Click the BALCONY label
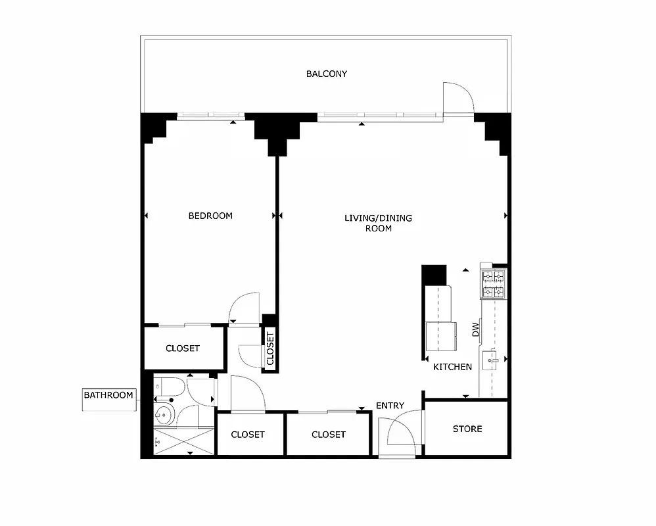coord(326,74)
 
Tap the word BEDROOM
coord(210,216)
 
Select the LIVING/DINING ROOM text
coord(378,223)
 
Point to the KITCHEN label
coord(452,367)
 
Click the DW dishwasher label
coord(476,329)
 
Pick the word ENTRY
coord(390,406)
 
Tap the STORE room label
coord(467,429)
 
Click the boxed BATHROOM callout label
coord(108,395)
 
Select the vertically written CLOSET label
coord(270,348)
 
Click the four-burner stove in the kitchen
coord(493,284)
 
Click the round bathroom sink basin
coord(164,415)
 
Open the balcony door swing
coord(458,99)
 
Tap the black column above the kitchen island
coord(433,274)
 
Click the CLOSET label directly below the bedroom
coord(183,348)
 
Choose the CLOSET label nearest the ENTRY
coord(328,434)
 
